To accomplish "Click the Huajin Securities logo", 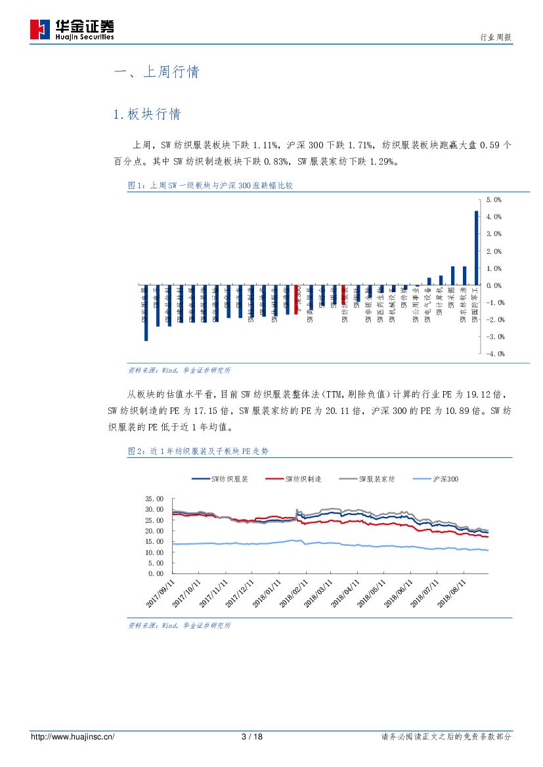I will [x=72, y=29].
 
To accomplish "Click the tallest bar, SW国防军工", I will [x=476, y=248].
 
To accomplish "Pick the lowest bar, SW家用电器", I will [x=146, y=313].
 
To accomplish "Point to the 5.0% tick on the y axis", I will [x=494, y=199].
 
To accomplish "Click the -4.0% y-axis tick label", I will [x=494, y=354].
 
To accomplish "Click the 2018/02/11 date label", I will [x=293, y=592].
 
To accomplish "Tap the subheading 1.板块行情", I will [x=146, y=114].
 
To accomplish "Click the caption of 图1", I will [x=209, y=186].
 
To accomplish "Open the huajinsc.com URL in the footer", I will [x=73, y=737].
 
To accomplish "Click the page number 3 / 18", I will [x=252, y=737].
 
